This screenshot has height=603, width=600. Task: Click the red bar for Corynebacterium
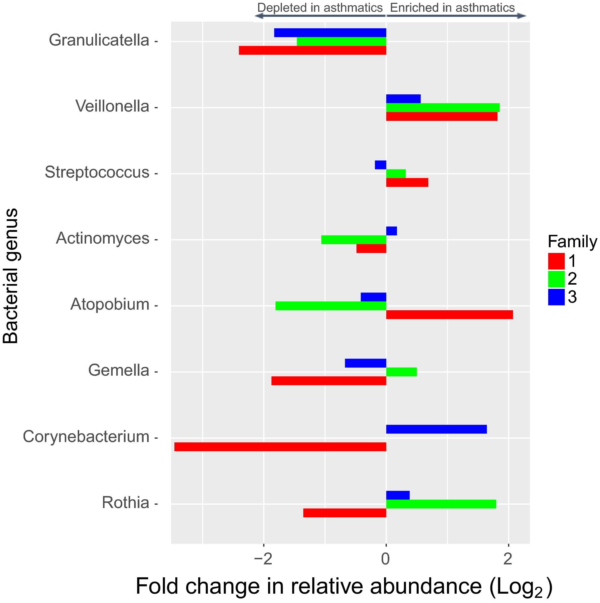(280, 447)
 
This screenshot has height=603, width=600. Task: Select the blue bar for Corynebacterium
(436, 429)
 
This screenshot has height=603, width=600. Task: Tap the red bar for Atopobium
(449, 314)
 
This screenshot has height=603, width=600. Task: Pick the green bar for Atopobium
(330, 306)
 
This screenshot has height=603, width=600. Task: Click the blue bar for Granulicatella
(330, 33)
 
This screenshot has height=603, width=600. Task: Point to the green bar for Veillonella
(442, 107)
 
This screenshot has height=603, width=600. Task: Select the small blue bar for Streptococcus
(380, 165)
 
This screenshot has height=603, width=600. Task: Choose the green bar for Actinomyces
(354, 240)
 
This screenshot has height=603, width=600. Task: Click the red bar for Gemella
(329, 381)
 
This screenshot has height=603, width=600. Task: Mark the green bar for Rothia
(441, 504)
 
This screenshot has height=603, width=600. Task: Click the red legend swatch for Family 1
(556, 261)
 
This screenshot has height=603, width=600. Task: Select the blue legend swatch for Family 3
(556, 297)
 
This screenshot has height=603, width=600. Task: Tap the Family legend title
(572, 242)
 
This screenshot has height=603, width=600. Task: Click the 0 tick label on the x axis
(386, 559)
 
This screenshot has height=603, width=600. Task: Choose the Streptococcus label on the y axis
(97, 172)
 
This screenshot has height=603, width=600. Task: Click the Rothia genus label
(125, 503)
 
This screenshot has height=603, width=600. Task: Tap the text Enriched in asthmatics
(452, 8)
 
